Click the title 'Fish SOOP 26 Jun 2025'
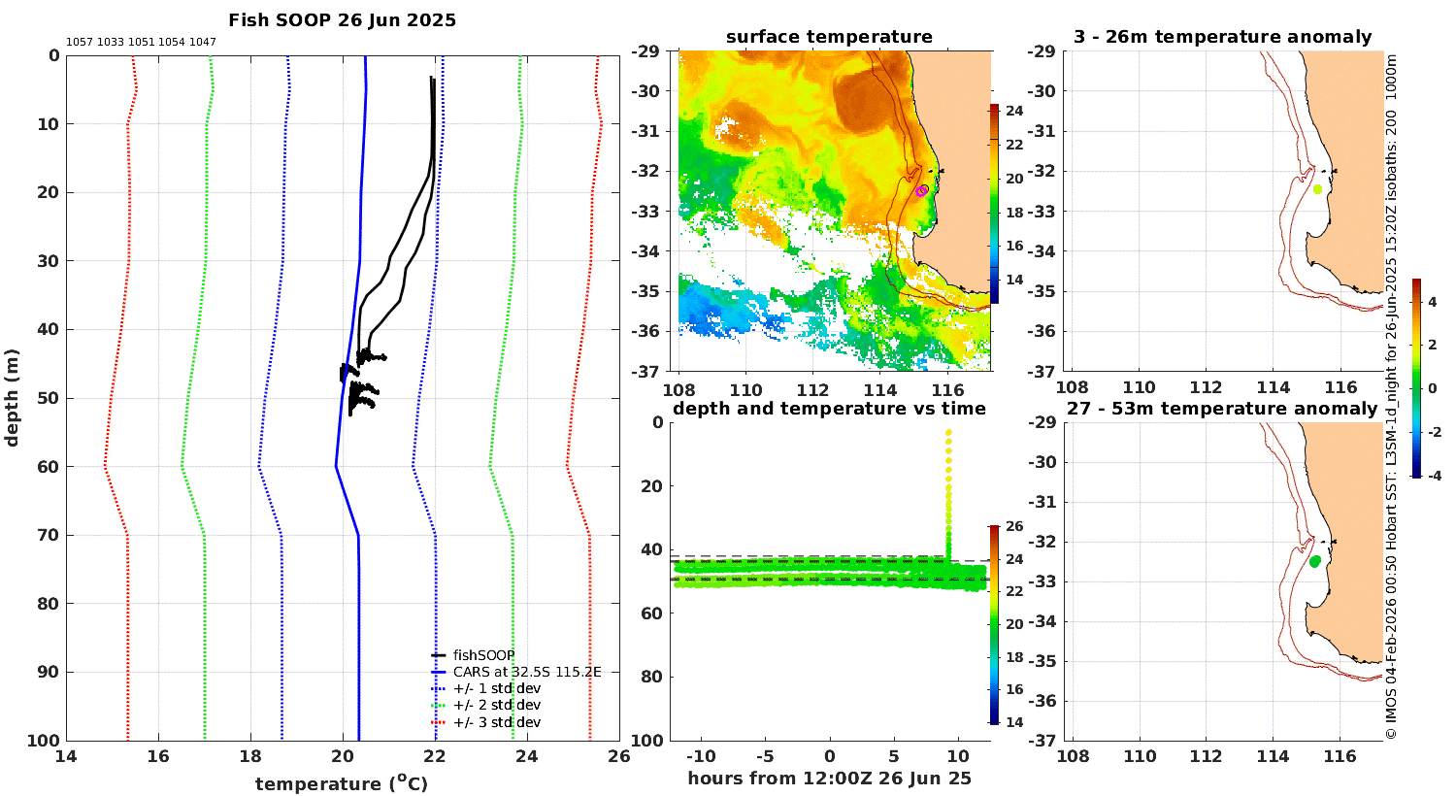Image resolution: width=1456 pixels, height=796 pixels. pyautogui.click(x=342, y=20)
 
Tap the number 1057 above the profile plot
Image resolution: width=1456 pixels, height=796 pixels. pyautogui.click(x=80, y=43)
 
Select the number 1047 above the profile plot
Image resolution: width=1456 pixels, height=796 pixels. pyautogui.click(x=203, y=43)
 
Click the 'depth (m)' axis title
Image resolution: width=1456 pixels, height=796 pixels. pyautogui.click(x=12, y=398)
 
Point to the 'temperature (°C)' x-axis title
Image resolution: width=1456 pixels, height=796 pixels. pyautogui.click(x=342, y=783)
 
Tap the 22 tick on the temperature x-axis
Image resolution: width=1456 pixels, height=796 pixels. pyautogui.click(x=435, y=756)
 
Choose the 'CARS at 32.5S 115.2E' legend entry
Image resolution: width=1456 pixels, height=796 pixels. pyautogui.click(x=516, y=672)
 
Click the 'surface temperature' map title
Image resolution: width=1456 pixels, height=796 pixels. pyautogui.click(x=829, y=37)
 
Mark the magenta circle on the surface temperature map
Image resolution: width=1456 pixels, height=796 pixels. pyautogui.click(x=921, y=190)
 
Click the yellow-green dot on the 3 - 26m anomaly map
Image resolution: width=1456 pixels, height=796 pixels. pyautogui.click(x=1317, y=189)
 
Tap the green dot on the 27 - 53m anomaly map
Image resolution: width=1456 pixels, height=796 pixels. pyautogui.click(x=1315, y=561)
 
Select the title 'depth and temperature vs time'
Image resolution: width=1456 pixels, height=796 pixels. pyautogui.click(x=829, y=409)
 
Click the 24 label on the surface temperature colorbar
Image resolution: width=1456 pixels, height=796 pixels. pyautogui.click(x=1014, y=111)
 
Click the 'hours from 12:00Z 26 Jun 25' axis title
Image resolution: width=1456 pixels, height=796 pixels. pyautogui.click(x=829, y=779)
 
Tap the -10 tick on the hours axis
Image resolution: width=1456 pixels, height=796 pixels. pyautogui.click(x=701, y=756)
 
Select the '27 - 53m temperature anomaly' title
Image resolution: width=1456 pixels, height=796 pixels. pyautogui.click(x=1222, y=409)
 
